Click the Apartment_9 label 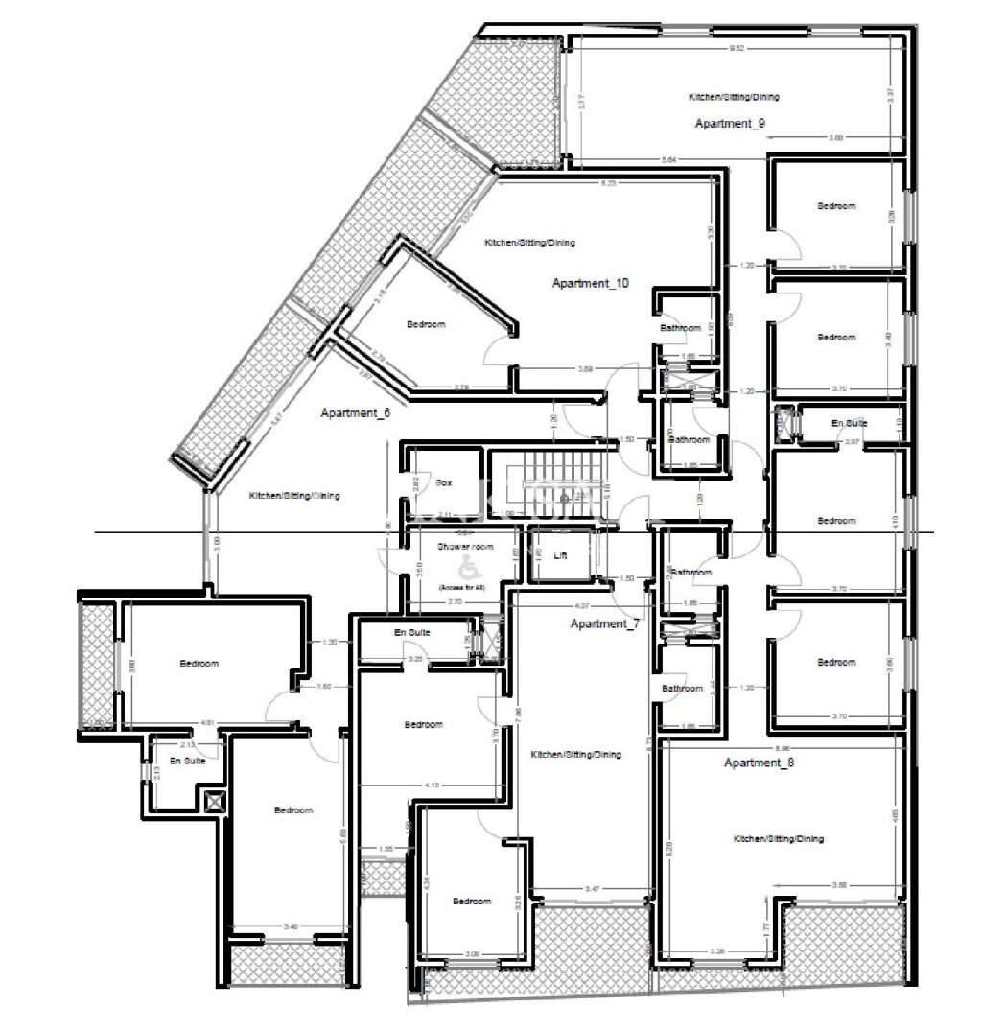tap(729, 124)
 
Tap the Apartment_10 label tap(590, 283)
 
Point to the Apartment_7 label tap(604, 624)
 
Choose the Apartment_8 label tap(760, 763)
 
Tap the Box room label tap(443, 483)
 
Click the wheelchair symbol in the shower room tap(468, 565)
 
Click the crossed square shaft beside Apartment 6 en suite tap(213, 801)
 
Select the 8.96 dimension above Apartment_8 tap(783, 747)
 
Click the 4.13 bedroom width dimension tap(433, 786)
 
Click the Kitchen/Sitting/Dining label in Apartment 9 tap(734, 97)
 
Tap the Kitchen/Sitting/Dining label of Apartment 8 tap(779, 838)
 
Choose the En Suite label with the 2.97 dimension tap(849, 422)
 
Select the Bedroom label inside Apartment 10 tap(426, 325)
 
